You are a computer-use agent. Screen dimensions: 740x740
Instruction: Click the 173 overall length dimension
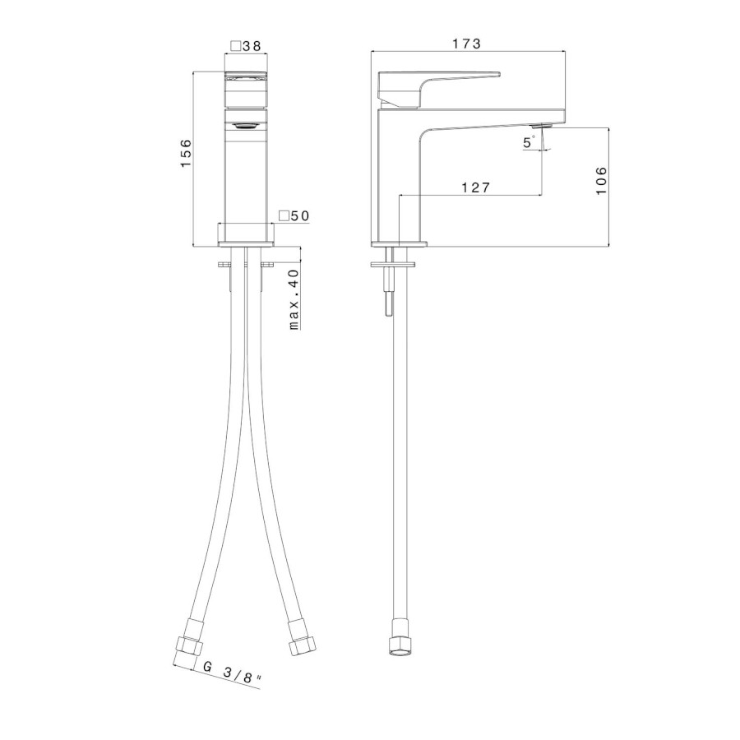click(x=467, y=44)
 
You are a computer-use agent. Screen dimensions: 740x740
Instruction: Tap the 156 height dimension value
click(x=186, y=152)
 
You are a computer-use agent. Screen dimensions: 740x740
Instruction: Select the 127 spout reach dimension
click(x=476, y=187)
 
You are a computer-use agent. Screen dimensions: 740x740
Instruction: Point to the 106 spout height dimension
click(x=600, y=180)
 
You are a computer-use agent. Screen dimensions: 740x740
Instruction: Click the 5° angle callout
click(x=529, y=142)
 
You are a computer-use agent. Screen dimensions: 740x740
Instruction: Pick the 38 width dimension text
click(x=252, y=46)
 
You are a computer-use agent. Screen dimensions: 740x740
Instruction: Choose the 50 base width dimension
click(x=299, y=215)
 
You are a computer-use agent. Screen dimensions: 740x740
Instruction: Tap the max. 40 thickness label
click(x=294, y=299)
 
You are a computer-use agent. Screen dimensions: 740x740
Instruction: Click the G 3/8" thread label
click(x=232, y=673)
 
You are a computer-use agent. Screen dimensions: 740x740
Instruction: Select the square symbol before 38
click(x=235, y=46)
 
